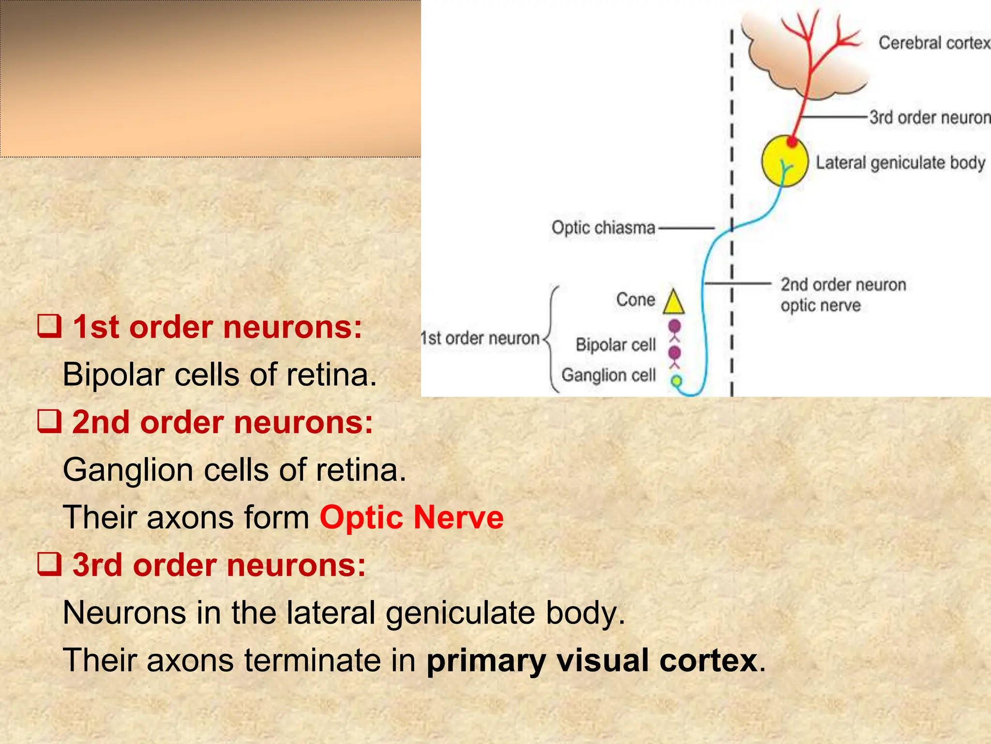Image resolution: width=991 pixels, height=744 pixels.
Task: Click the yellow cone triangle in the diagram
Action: coord(674,303)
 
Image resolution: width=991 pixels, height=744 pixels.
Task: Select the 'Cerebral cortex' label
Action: coord(934,43)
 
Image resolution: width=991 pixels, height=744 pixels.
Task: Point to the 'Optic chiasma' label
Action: coord(603,228)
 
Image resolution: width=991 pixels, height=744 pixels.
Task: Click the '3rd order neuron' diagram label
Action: coord(930,118)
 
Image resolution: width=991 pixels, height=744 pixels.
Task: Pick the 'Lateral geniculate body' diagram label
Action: coord(901,163)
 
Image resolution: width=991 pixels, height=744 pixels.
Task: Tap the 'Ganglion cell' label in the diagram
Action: coord(608,375)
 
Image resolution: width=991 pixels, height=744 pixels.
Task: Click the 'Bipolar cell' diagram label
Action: coord(616,345)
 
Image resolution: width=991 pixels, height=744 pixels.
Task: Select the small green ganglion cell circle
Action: coord(676,381)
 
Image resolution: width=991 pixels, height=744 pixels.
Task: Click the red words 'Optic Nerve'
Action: coord(412,517)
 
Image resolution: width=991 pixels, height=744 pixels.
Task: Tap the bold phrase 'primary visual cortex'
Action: coord(592,660)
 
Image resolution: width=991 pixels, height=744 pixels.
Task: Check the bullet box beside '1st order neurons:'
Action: coord(50,326)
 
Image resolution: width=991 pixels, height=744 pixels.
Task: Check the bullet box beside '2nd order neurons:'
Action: coord(50,421)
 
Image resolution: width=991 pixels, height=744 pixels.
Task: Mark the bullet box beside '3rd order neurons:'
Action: coord(50,564)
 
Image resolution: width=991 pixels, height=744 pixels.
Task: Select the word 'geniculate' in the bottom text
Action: coord(460,613)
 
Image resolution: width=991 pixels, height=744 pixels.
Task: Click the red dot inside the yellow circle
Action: coord(792,142)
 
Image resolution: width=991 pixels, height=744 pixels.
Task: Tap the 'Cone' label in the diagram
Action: coord(635,300)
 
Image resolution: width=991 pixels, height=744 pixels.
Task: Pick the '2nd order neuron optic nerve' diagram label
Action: coord(843,294)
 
